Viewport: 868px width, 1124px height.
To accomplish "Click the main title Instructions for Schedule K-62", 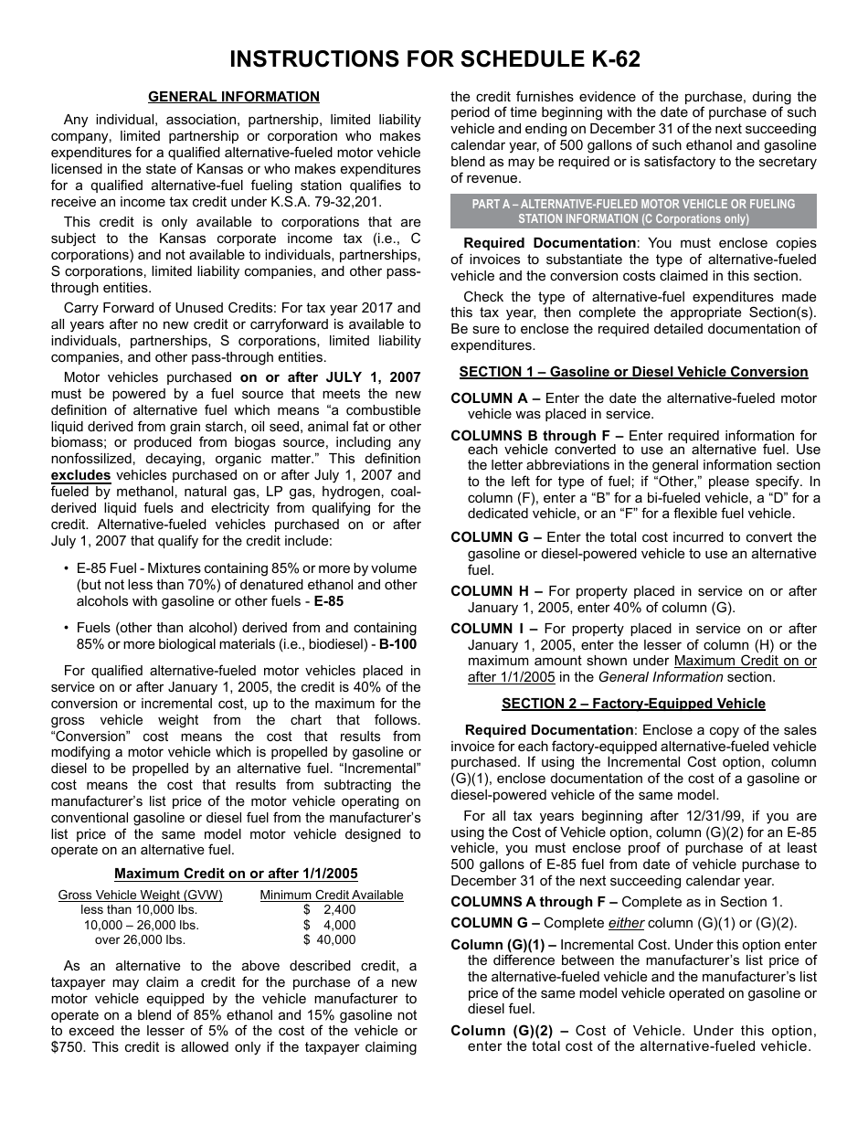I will click(x=434, y=59).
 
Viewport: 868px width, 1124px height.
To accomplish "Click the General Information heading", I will click(x=234, y=97).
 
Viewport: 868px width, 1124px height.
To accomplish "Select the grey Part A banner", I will click(x=633, y=211).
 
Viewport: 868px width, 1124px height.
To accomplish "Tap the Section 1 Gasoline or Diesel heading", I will click(x=633, y=372).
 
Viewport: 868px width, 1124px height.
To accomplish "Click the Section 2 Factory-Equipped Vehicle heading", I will click(x=633, y=704).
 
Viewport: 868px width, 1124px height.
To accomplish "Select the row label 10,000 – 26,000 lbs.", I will click(x=141, y=925).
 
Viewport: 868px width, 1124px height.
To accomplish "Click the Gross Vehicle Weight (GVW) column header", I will click(x=141, y=895).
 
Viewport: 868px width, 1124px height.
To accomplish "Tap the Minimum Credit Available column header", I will click(x=332, y=895).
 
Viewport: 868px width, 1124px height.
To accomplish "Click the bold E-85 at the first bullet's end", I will click(x=329, y=601).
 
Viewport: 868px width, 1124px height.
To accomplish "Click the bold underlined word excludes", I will click(x=80, y=475).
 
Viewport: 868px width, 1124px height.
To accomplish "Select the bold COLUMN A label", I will click(x=495, y=398).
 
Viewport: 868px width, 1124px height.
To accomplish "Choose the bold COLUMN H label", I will click(x=495, y=591).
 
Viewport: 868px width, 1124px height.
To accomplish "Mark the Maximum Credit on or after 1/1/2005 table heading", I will click(x=236, y=874).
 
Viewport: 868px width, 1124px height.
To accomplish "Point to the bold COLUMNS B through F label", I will click(x=537, y=436).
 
